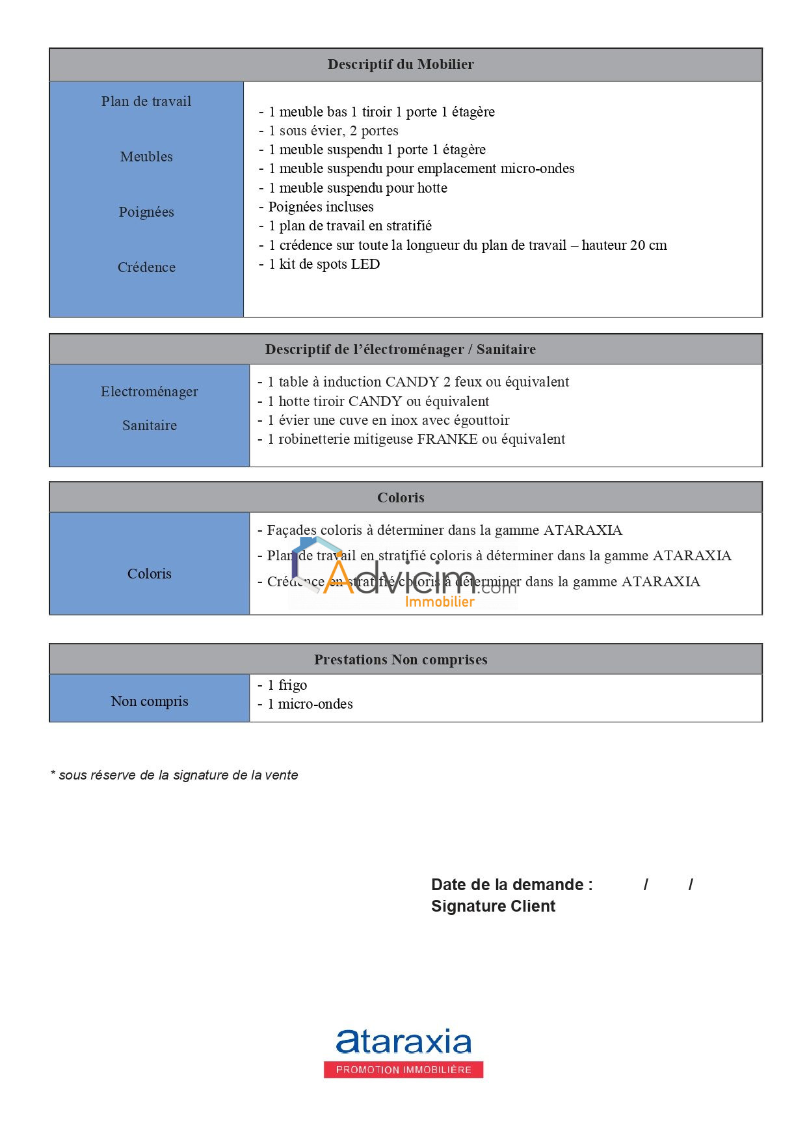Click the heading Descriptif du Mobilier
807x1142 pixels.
401,64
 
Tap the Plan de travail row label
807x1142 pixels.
146,102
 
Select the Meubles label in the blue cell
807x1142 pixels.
146,157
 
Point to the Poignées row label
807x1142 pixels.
146,212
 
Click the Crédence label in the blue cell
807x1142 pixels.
146,267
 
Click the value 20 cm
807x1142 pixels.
648,245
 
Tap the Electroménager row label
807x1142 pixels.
149,392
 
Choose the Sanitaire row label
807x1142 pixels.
149,426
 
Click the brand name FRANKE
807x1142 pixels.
447,439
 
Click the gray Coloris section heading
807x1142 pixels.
401,498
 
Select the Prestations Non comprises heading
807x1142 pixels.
401,660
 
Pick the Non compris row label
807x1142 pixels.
149,701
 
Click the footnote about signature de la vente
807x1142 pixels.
174,775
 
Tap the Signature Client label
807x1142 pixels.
493,906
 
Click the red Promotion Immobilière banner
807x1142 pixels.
403,1070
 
